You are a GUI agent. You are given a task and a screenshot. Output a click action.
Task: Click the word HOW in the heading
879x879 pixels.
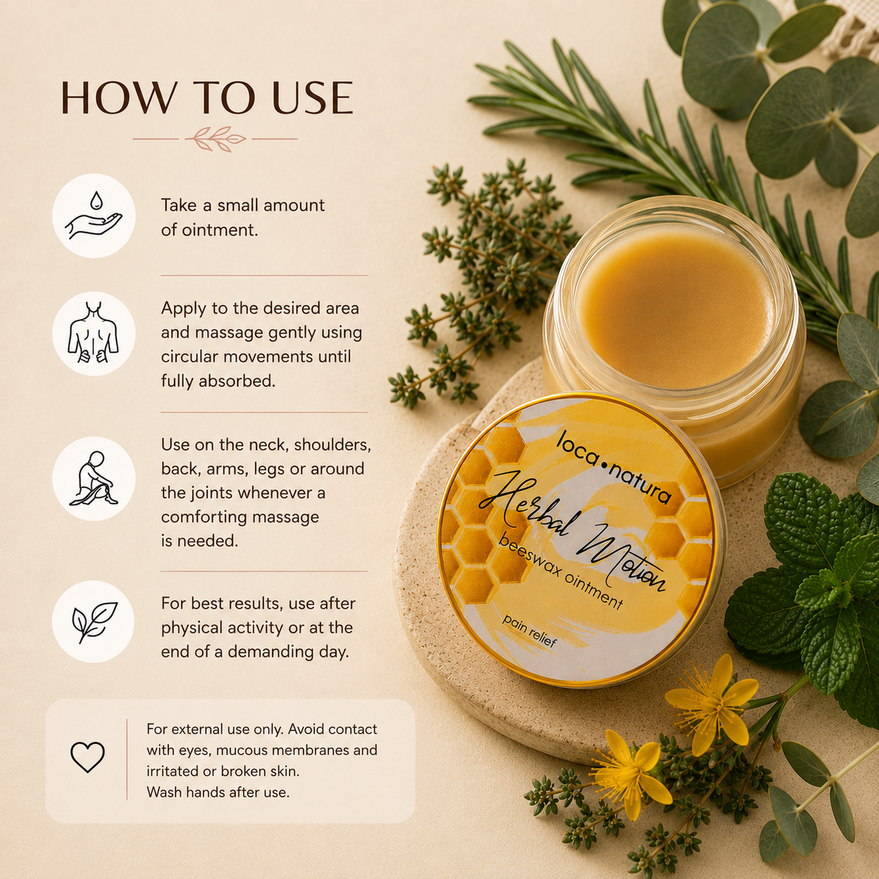point(118,97)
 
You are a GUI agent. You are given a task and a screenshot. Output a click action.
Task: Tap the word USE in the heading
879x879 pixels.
point(313,97)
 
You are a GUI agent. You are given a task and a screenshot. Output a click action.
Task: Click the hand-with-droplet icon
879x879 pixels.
point(94,216)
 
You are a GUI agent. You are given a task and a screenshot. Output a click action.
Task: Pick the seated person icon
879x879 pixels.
point(93,479)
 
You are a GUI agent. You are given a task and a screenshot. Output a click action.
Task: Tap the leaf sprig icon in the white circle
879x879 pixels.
point(94,622)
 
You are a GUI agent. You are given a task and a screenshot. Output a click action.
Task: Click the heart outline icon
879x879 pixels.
point(88,757)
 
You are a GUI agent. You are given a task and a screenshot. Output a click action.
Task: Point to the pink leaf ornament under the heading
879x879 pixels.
point(215,139)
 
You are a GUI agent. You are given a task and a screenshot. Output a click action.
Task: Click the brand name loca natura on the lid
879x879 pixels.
point(614,467)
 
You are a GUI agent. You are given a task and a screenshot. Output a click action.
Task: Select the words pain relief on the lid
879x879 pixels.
point(530,631)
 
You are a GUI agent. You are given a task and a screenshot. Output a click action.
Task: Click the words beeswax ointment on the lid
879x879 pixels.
point(560,572)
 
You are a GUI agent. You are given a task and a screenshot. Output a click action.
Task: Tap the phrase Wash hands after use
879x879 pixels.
point(218,792)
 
